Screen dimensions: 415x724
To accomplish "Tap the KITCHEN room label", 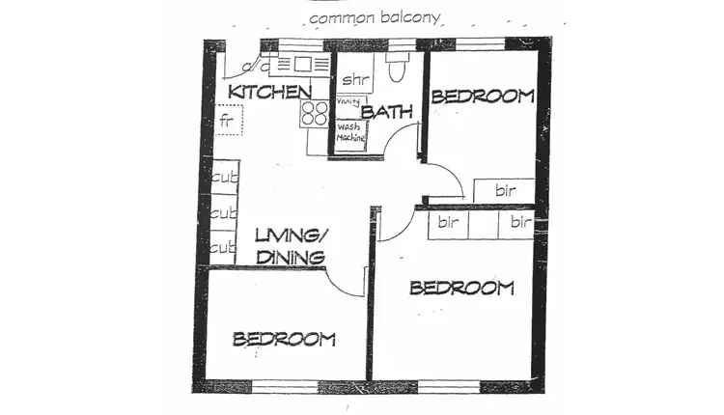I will pos(269,93).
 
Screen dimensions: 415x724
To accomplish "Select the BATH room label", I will pos(387,112).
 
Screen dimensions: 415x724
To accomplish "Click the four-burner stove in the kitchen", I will pos(315,114).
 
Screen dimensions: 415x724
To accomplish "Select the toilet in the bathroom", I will pos(398,68).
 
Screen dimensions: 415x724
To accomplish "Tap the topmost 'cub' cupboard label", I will pos(224,177).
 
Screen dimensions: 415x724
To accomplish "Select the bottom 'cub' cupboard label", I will pos(223,248).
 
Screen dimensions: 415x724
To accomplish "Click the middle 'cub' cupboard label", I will pos(224,212).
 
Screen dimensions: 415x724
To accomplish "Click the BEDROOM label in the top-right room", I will pos(482,96).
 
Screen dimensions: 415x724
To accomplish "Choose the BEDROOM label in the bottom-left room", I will pos(284,339).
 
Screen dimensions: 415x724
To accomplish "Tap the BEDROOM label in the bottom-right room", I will pos(461,288).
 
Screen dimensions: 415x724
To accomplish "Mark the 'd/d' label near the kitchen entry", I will pos(255,67).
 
